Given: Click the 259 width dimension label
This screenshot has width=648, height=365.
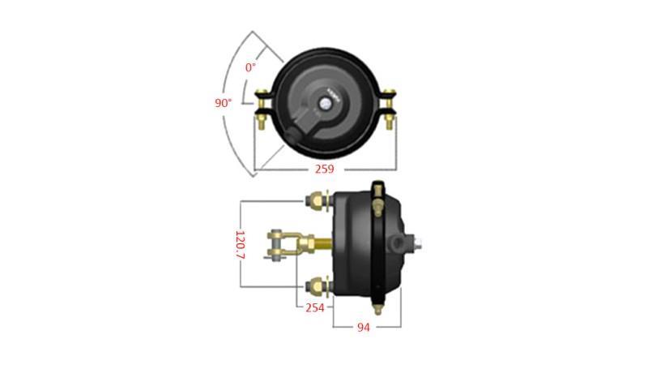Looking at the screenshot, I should pyautogui.click(x=324, y=169).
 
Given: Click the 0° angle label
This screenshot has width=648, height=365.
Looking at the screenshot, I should pyautogui.click(x=251, y=67).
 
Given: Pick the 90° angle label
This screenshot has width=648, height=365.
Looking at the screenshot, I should pyautogui.click(x=224, y=103).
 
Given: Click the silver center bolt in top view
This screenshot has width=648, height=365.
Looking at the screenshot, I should pyautogui.click(x=326, y=103).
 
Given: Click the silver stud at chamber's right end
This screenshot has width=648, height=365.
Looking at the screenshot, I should pyautogui.click(x=420, y=242).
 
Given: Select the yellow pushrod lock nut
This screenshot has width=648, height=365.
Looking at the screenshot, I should pyautogui.click(x=306, y=243).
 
